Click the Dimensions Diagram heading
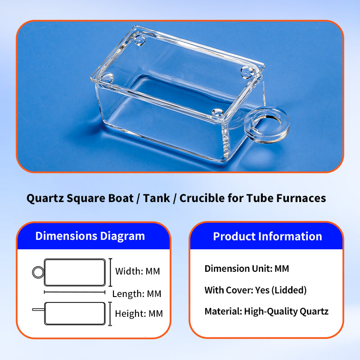pos(90,236)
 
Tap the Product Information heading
pos(267,236)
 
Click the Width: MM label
pos(138,271)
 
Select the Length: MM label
pos(137,294)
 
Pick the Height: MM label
pos(139,314)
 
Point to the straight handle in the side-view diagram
pos(38,310)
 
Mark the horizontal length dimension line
pos(75,292)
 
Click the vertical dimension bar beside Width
pos(110,272)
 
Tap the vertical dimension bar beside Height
pos(110,314)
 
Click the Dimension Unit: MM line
pos(247,269)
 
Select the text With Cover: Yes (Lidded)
pos(256,290)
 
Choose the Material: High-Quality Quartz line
pos(266,311)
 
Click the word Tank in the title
pos(157,198)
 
